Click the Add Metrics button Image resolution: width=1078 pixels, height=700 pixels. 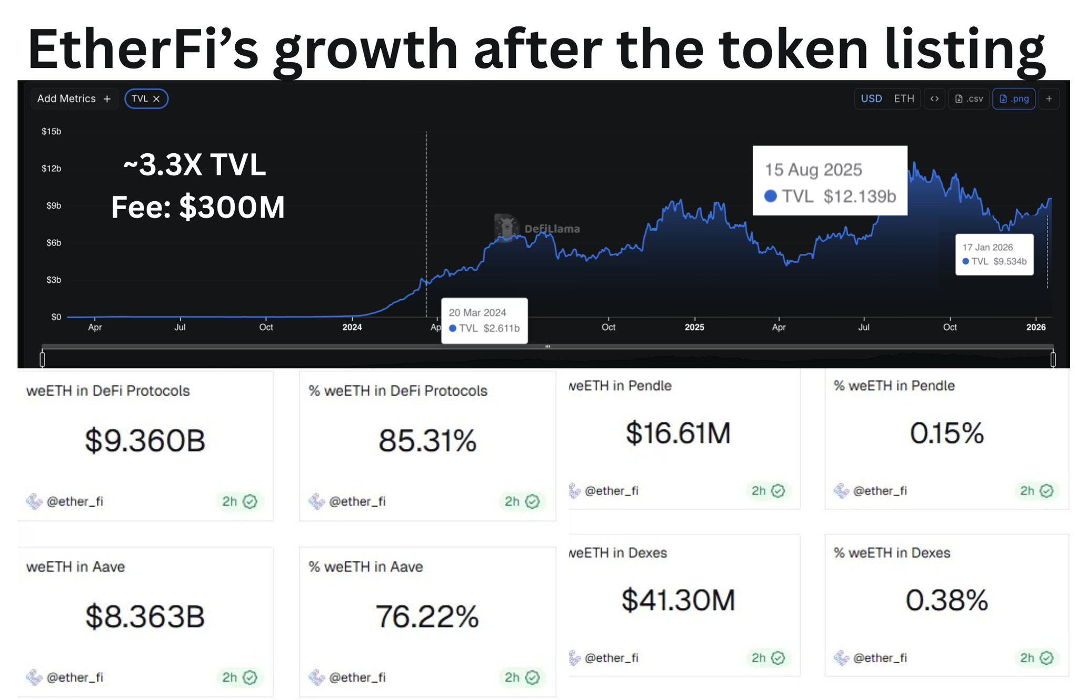[74, 99]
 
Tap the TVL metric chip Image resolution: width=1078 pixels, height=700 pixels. [146, 99]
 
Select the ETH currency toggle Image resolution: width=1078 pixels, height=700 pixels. [904, 99]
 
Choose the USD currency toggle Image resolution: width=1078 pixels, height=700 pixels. [871, 99]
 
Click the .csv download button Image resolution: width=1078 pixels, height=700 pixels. [969, 99]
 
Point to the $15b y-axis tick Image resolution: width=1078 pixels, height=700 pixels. [52, 131]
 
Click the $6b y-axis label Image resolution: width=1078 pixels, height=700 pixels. [54, 243]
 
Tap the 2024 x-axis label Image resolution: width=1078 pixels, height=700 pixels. [352, 327]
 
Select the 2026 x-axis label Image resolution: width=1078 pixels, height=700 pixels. [1036, 327]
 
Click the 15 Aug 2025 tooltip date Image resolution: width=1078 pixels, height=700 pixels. [813, 170]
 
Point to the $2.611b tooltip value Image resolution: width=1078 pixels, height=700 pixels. [502, 329]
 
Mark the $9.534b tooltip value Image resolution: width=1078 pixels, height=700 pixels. [1010, 262]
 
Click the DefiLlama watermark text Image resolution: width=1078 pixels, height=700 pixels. [552, 229]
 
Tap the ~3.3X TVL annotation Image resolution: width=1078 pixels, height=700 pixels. [195, 165]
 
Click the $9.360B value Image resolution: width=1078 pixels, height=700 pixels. [145, 440]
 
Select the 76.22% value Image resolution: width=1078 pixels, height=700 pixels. [427, 616]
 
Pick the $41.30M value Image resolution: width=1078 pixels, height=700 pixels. [678, 600]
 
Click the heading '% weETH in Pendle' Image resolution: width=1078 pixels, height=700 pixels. [894, 386]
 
